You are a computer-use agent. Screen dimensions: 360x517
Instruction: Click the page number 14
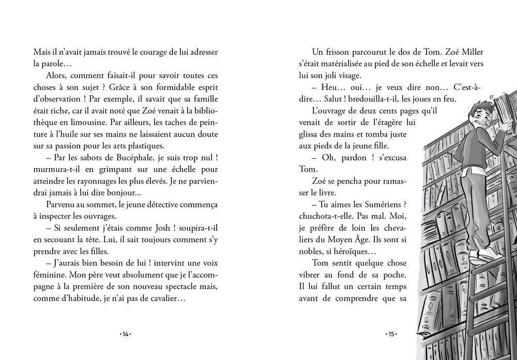(125, 334)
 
